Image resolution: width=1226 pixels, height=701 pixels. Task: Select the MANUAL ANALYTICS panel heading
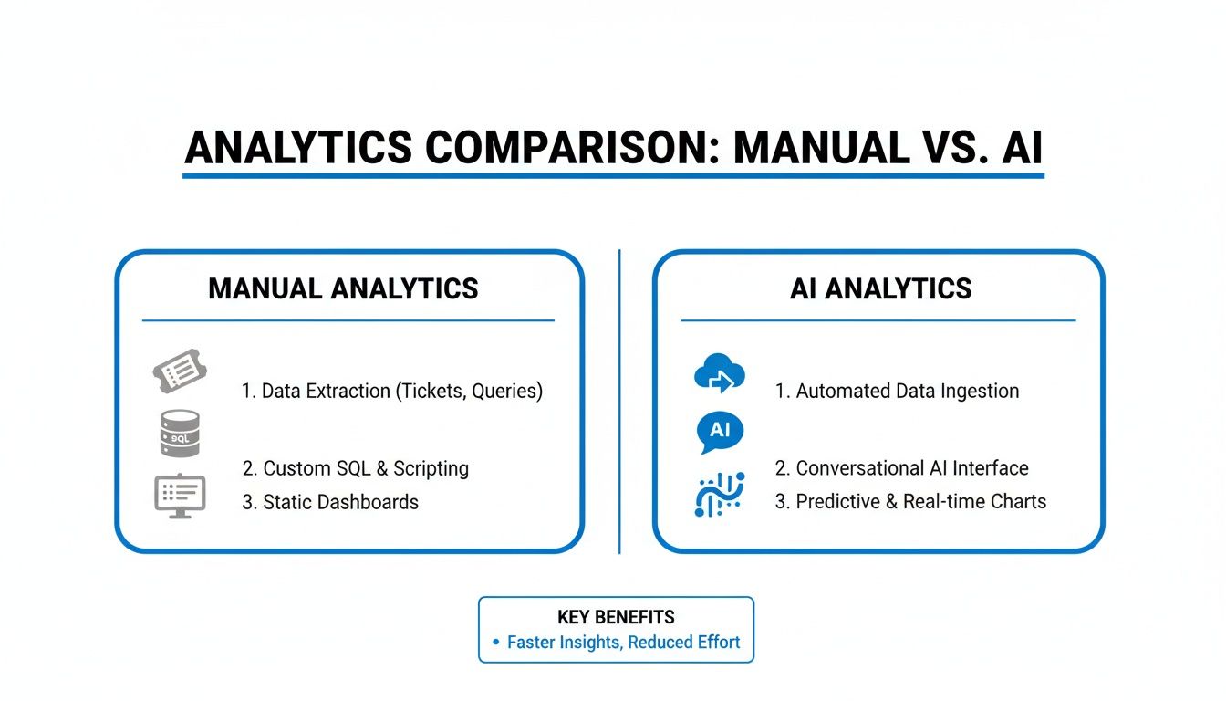pos(343,289)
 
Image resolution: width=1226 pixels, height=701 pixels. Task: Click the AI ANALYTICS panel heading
pos(880,289)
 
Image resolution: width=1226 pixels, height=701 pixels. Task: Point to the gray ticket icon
pos(180,374)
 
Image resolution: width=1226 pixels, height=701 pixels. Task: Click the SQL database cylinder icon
pos(179,433)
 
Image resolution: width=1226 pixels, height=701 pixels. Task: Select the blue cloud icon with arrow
pos(720,375)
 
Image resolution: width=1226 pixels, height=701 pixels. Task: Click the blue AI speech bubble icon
pos(720,432)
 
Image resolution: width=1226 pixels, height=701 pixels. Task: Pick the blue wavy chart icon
pos(720,495)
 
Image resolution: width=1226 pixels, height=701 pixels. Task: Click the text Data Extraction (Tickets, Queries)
pos(392,392)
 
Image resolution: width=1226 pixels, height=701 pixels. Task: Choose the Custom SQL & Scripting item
pos(356,469)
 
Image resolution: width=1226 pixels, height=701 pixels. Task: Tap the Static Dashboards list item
pos(330,502)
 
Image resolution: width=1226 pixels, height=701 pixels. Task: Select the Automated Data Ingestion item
pos(897,392)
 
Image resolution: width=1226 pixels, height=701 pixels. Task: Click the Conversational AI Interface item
pos(901,469)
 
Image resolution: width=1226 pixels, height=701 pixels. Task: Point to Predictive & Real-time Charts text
pos(910,502)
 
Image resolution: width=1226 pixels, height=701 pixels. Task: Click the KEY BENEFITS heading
pos(616,617)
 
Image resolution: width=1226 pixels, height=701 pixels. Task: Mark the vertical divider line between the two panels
pos(619,402)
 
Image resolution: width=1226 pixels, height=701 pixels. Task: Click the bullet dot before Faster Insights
pos(496,643)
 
